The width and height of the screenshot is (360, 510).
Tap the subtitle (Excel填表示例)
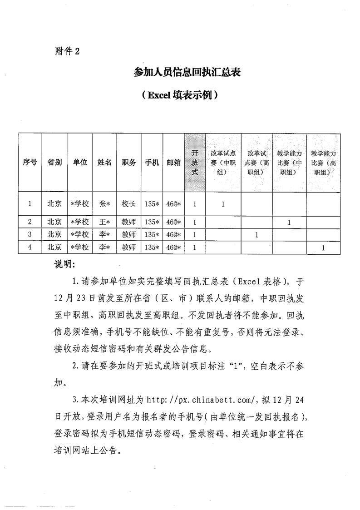[180, 95]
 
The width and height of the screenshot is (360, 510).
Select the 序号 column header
[30, 163]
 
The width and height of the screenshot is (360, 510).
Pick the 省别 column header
[54, 163]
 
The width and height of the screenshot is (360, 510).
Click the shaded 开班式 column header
[194, 163]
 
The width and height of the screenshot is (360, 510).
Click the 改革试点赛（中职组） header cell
[223, 163]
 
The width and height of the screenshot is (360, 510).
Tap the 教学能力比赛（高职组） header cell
[323, 163]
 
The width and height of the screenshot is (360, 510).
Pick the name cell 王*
[105, 222]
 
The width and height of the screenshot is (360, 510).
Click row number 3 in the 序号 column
[30, 235]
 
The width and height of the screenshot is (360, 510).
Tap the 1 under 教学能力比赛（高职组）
[323, 248]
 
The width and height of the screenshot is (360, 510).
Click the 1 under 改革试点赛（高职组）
[256, 235]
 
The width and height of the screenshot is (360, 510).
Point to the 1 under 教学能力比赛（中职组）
[289, 222]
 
